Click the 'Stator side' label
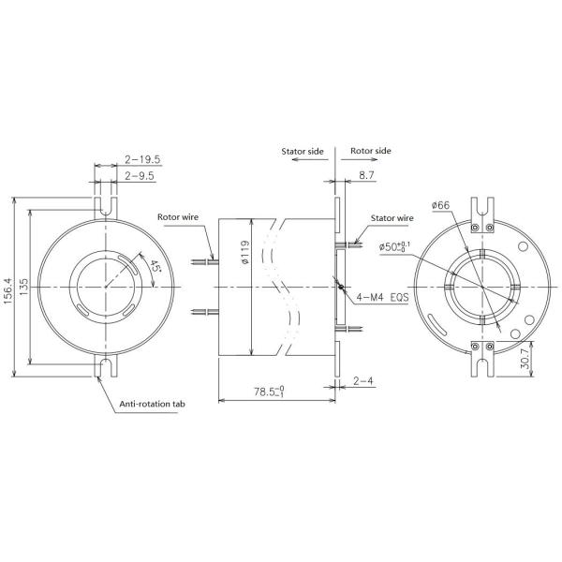pyautogui.click(x=303, y=150)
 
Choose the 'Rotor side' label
pyautogui.click(x=371, y=150)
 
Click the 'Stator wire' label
pyautogui.click(x=392, y=217)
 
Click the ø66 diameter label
pyautogui.click(x=441, y=205)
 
